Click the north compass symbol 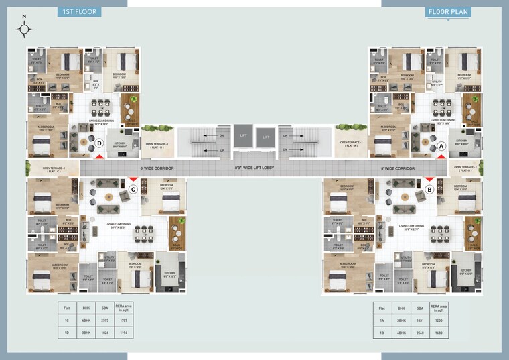pyautogui.click(x=25, y=28)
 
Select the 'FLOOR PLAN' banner pyautogui.click(x=447, y=11)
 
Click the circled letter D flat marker pyautogui.click(x=98, y=143)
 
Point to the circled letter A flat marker pyautogui.click(x=441, y=145)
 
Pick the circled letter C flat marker pyautogui.click(x=133, y=190)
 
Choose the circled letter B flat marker pyautogui.click(x=429, y=190)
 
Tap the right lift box pyautogui.click(x=266, y=137)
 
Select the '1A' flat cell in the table pyautogui.click(x=381, y=321)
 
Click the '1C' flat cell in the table pyautogui.click(x=67, y=321)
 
